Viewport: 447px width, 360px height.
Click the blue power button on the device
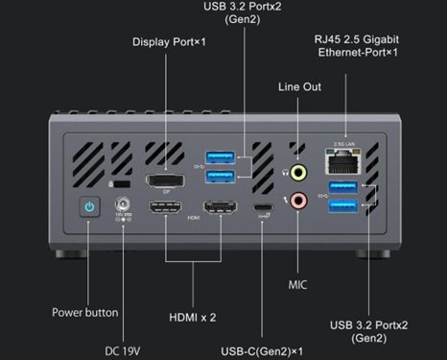tap(89, 206)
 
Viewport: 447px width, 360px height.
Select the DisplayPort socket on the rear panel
tap(165, 181)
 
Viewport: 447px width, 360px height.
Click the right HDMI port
tap(219, 209)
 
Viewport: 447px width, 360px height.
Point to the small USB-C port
tap(261, 209)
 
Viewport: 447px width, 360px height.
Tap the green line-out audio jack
tap(299, 174)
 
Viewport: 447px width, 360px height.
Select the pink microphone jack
tap(299, 202)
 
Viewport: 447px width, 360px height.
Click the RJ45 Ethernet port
tap(344, 163)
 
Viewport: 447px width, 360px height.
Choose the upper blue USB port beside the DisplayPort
tap(220, 157)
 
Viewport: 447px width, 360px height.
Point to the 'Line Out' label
tap(301, 86)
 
